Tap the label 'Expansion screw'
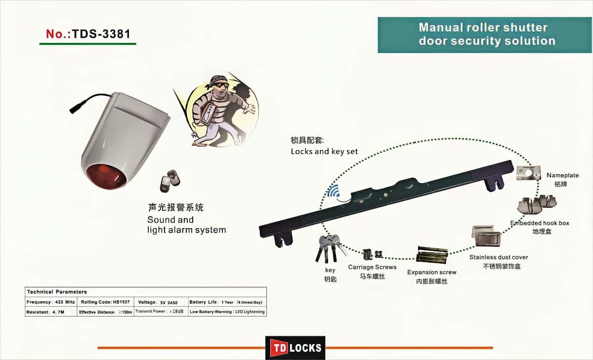pyautogui.click(x=431, y=272)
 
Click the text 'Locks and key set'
pyautogui.click(x=324, y=152)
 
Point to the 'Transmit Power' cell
pyautogui.click(x=161, y=312)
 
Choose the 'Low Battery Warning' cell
pyautogui.click(x=227, y=312)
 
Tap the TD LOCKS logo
pyautogui.click(x=295, y=348)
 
